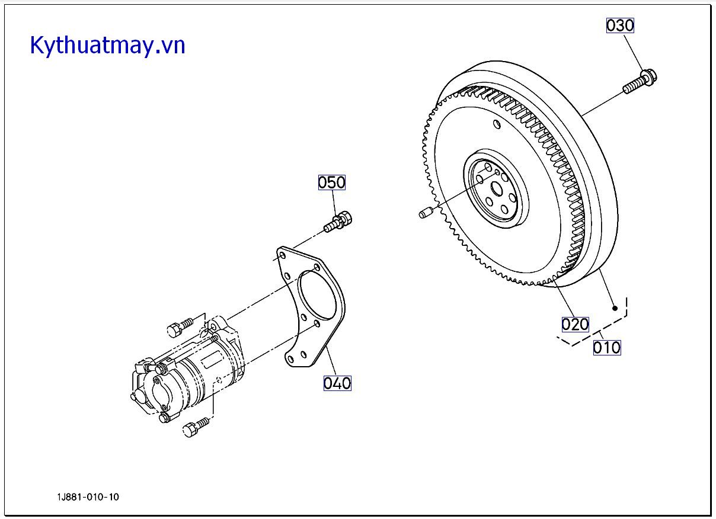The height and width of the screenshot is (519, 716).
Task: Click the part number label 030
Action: click(620, 25)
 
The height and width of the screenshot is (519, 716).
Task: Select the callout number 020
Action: click(575, 324)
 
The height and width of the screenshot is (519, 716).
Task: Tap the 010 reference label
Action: click(607, 347)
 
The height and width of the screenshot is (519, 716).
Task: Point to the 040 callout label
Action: click(337, 383)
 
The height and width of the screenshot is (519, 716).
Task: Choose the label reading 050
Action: click(331, 182)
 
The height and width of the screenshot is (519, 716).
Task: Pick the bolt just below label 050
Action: click(338, 222)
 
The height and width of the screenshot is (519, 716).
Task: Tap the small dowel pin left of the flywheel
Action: click(424, 212)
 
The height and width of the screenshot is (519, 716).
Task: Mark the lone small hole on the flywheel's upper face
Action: click(496, 124)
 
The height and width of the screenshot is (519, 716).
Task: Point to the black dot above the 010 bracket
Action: click(615, 307)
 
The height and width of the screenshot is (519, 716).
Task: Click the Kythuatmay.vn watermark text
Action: click(108, 45)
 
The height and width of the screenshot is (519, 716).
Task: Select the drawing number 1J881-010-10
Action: click(88, 497)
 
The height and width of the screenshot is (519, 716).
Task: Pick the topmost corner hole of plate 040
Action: click(282, 256)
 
